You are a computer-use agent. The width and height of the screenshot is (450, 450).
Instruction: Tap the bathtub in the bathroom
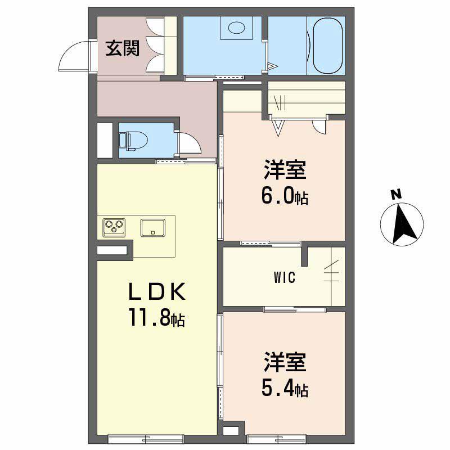pos(325,45)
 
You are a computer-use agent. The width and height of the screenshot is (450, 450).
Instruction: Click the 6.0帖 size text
pos(285,196)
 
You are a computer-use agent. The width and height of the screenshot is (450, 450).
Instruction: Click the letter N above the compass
pos(396,195)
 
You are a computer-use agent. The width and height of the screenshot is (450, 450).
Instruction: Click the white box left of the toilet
pos(105,139)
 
